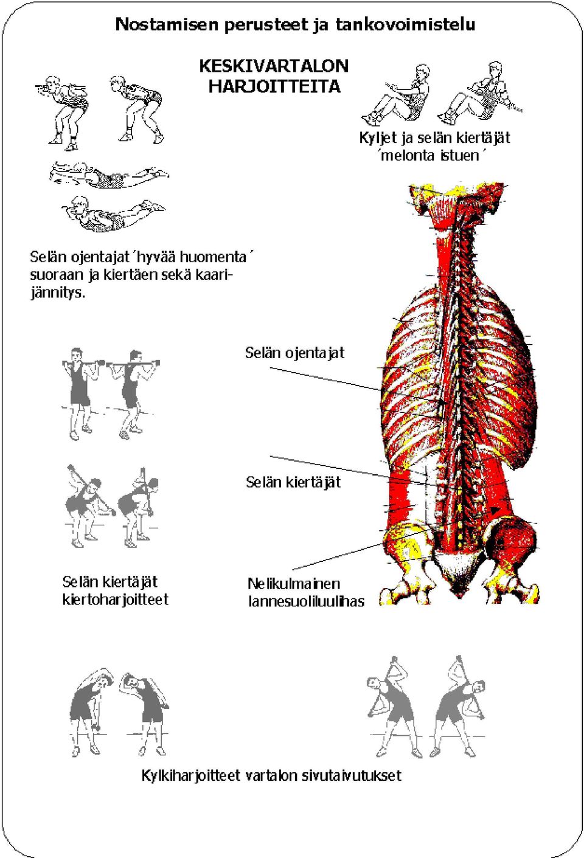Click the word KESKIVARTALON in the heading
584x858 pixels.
[x=274, y=66]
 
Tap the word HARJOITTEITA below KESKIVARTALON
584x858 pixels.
[x=274, y=86]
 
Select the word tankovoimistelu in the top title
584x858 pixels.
[x=406, y=24]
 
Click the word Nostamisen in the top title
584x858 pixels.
[x=167, y=24]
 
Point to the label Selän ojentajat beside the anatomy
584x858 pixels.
[x=294, y=353]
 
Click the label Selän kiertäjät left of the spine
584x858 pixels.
[x=293, y=482]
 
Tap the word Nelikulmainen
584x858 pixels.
[x=294, y=584]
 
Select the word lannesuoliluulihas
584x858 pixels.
[x=306, y=601]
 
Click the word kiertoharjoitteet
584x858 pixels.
[x=116, y=600]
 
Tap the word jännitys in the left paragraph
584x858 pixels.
[x=57, y=294]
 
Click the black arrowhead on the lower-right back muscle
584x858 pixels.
[x=495, y=510]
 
